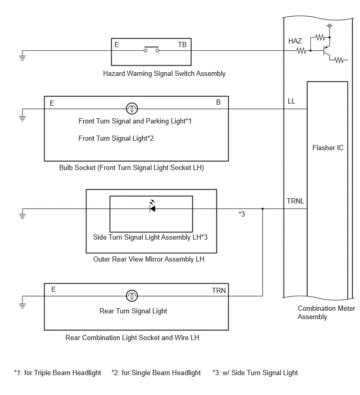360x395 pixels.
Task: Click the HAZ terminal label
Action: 295,41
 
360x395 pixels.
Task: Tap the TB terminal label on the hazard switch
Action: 182,45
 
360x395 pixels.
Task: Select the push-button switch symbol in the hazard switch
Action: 151,50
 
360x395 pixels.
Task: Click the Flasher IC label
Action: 328,148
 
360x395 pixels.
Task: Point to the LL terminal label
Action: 291,101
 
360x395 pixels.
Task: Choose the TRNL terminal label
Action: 296,201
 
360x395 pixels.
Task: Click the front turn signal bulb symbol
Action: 132,109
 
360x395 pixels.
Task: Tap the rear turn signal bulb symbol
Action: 132,296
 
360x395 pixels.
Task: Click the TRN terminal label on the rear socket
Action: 219,290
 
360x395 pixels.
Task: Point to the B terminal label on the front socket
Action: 218,103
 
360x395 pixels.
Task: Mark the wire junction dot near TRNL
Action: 263,209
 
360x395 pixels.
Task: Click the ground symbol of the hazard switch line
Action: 22,57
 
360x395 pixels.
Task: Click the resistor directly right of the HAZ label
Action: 302,51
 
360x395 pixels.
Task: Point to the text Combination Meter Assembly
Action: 326,312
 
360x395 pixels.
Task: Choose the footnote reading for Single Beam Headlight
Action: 156,373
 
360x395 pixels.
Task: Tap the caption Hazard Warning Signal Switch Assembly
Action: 164,74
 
